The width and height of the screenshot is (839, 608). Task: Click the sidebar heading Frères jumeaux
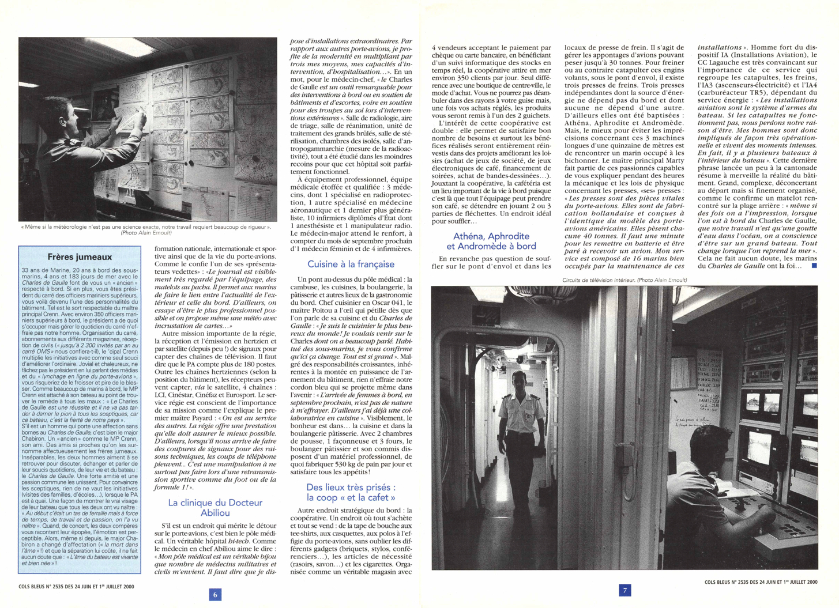click(80, 256)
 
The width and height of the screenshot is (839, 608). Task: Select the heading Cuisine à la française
click(351, 264)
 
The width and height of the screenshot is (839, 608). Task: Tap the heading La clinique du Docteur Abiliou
click(215, 507)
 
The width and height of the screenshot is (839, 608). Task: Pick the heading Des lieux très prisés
click(351, 492)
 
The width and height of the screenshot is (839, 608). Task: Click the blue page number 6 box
click(215, 594)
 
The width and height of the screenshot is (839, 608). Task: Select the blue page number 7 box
click(624, 590)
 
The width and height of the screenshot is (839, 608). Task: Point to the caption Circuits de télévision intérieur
click(624, 280)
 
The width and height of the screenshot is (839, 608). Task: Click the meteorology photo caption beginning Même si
click(146, 227)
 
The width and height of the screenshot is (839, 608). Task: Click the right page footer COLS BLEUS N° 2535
click(761, 582)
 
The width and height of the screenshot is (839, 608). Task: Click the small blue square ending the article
click(814, 266)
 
